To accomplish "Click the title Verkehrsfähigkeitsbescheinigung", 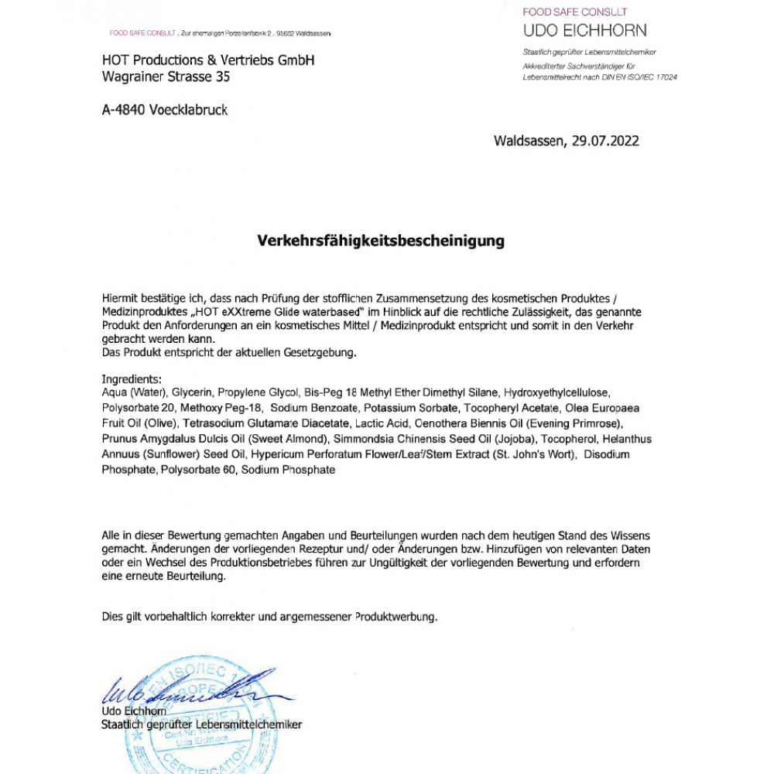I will pos(381,241).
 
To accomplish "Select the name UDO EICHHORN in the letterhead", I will pos(585,31).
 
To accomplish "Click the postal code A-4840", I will pos(126,111).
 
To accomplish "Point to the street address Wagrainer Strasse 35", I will pos(166,77).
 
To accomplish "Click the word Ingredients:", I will pos(132,379).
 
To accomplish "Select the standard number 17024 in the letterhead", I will pos(663,77).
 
